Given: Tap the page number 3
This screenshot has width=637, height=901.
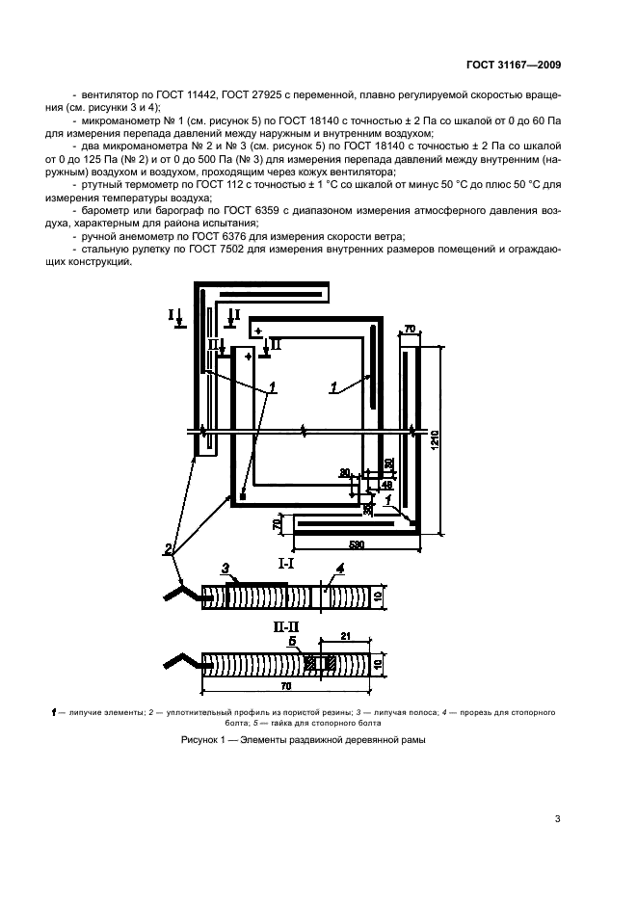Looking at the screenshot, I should (x=557, y=819).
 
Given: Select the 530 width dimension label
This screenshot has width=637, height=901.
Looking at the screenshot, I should (x=357, y=546).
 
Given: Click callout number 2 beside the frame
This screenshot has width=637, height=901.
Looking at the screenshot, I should (x=169, y=550).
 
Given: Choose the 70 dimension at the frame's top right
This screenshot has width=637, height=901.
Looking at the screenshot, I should (x=410, y=330).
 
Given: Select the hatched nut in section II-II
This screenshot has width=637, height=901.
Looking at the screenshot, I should (x=308, y=663).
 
